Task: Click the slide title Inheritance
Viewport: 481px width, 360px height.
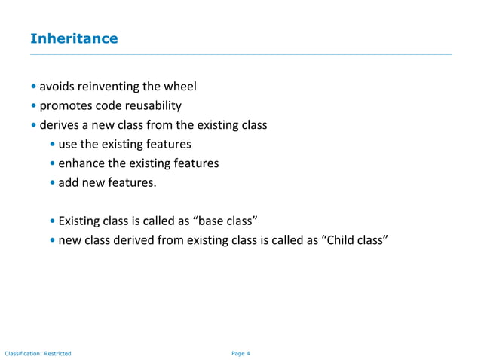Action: (73, 38)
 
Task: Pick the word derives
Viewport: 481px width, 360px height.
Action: (59, 125)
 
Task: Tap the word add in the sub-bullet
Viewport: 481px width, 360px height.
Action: (69, 182)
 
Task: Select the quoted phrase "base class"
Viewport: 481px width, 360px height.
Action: (227, 221)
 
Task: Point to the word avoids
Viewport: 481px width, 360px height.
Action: (57, 87)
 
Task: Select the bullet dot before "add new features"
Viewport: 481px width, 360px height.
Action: (52, 182)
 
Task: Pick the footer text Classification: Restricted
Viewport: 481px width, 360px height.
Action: (38, 352)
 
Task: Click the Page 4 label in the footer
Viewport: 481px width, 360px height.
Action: (240, 352)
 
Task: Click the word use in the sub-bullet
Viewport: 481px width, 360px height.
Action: (68, 144)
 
